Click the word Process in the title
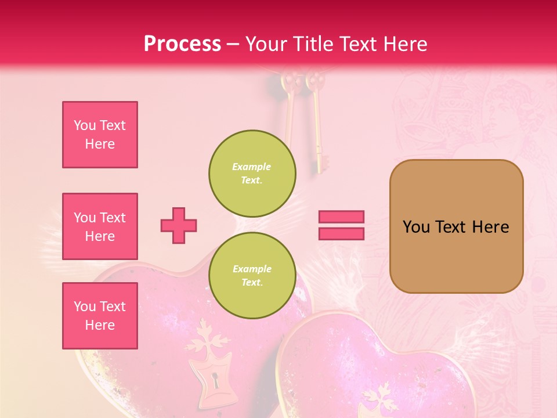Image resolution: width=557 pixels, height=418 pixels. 182,44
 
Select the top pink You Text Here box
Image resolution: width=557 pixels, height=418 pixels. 100,135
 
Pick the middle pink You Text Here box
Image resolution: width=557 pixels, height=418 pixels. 100,226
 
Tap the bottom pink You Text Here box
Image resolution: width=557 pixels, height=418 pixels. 100,315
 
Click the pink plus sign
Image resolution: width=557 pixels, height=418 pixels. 179,225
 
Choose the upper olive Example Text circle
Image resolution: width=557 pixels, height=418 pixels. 252,173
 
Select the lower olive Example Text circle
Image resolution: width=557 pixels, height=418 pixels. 252,275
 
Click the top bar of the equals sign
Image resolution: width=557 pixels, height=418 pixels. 341,217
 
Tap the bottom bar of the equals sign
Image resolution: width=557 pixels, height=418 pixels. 341,233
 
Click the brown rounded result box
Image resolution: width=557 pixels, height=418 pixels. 456,226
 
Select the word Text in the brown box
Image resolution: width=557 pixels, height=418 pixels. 451,227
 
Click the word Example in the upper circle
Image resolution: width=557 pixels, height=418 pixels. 252,167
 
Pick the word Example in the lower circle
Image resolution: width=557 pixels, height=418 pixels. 252,269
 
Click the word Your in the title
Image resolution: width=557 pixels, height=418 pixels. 266,44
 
